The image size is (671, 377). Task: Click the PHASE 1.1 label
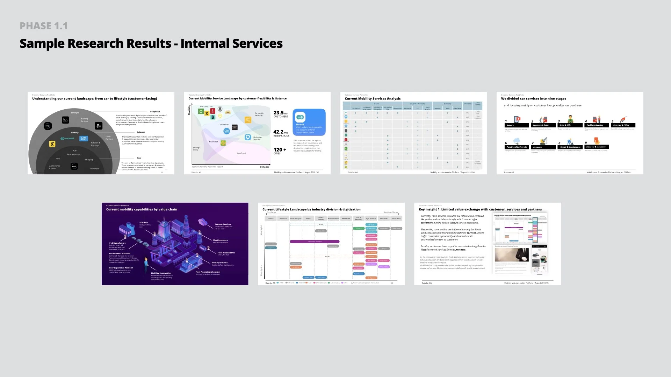coord(44,26)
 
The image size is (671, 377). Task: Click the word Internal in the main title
coord(205,44)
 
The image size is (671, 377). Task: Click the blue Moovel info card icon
coord(300,117)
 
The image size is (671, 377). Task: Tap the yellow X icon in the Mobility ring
coord(52,144)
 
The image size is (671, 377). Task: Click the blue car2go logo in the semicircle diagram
coord(84,139)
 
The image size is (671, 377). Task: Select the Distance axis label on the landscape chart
coord(265,167)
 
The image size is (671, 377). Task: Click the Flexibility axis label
coord(189,110)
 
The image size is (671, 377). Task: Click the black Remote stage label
coord(517,125)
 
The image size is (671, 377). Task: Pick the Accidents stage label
coord(543,147)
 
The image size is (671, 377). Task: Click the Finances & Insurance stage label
coord(596,147)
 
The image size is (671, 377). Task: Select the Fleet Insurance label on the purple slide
coord(221,240)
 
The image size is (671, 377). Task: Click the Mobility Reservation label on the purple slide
coord(161,273)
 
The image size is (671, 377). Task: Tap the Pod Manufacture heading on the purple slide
coord(117,243)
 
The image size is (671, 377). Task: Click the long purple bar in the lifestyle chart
coord(314,242)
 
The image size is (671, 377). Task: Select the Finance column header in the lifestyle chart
coord(270,219)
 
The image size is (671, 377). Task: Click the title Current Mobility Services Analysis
coord(373,99)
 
